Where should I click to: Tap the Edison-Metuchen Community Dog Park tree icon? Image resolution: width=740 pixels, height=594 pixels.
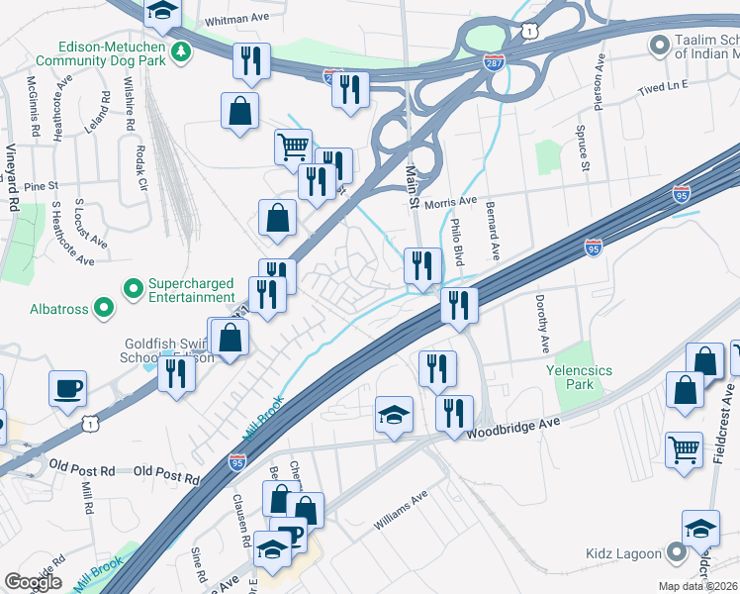(180, 50)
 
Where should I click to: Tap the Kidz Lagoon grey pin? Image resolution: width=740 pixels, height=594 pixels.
(677, 551)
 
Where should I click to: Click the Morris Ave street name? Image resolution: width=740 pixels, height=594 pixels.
(450, 202)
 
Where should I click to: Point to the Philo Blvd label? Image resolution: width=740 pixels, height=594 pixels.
(457, 242)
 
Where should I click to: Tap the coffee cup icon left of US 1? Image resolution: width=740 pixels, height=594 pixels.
(67, 387)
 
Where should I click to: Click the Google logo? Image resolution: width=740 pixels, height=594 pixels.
(33, 582)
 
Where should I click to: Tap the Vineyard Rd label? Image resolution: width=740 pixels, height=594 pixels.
(13, 176)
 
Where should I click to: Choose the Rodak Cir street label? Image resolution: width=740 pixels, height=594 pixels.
(140, 170)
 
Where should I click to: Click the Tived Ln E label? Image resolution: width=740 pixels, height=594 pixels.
(663, 87)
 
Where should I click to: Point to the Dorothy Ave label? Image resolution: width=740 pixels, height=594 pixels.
(542, 324)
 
